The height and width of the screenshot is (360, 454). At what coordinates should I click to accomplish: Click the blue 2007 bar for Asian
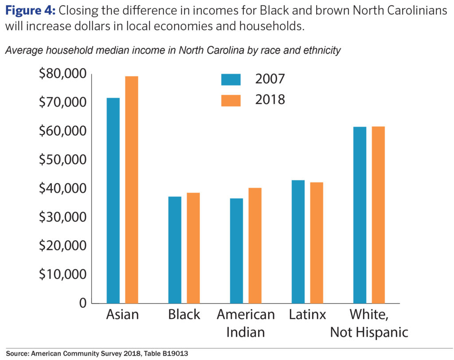[x=113, y=200]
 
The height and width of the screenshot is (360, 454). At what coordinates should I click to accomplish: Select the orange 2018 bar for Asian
[x=132, y=190]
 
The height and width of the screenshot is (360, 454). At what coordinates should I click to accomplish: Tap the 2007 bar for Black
[x=175, y=250]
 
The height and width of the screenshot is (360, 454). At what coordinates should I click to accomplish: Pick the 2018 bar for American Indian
[x=255, y=246]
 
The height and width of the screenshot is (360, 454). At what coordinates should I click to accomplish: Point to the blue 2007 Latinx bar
[x=298, y=242]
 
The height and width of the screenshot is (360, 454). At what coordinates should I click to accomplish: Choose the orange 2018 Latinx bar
[x=317, y=243]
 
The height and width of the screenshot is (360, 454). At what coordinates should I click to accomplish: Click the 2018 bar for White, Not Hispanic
[x=378, y=215]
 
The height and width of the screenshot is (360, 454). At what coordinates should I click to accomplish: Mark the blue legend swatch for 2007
[x=231, y=79]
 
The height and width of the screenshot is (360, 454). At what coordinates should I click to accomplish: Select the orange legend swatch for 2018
[x=231, y=100]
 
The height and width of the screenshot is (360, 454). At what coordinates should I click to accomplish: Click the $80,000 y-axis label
[x=63, y=74]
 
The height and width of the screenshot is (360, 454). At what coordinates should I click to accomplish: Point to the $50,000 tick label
[x=63, y=160]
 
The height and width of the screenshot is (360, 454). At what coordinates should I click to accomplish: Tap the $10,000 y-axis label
[x=63, y=274]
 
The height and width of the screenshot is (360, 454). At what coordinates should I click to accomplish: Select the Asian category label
[x=122, y=315]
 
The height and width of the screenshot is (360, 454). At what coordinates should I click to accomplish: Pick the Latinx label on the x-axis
[x=307, y=315]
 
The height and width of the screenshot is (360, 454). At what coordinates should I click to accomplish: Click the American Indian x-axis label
[x=246, y=323]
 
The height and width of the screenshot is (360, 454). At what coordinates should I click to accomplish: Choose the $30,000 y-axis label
[x=63, y=217]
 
